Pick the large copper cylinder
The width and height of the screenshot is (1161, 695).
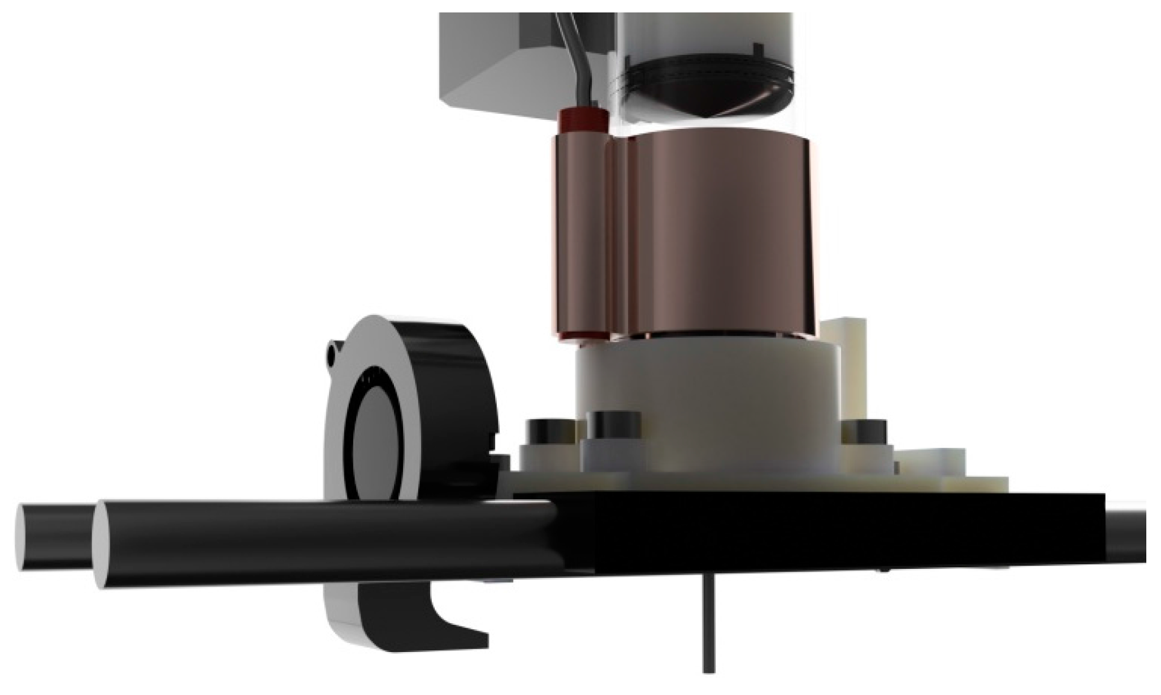click(x=718, y=238)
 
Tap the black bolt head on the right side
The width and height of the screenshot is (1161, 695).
click(x=865, y=433)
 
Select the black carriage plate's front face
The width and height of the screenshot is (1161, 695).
click(x=820, y=532)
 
